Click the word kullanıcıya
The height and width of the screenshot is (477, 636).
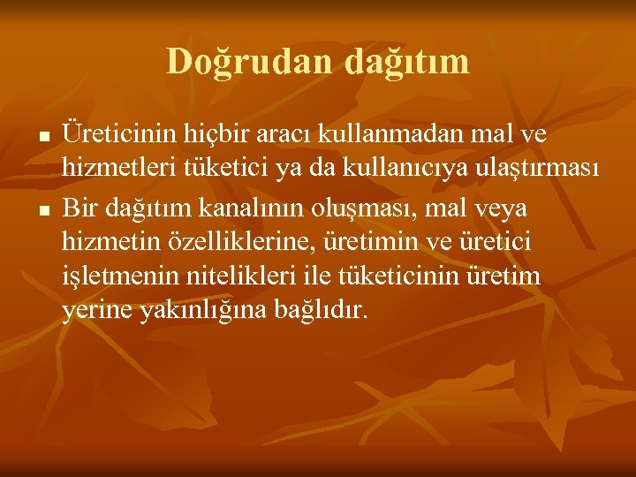tap(408, 170)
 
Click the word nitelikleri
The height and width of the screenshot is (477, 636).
tap(242, 276)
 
